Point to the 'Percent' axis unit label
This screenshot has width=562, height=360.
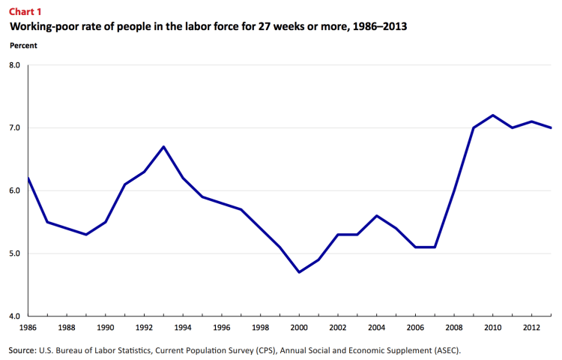23,45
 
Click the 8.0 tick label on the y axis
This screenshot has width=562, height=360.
15,65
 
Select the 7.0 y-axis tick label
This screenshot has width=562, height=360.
15,128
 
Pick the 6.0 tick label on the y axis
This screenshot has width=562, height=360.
15,190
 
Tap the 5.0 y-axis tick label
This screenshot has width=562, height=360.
15,253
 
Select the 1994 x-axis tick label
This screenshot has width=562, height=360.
183,328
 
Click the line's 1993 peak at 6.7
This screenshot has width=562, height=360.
163,146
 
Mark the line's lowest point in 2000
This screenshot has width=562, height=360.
300,272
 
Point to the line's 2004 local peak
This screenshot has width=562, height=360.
377,216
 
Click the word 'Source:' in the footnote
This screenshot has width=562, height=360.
22,349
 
